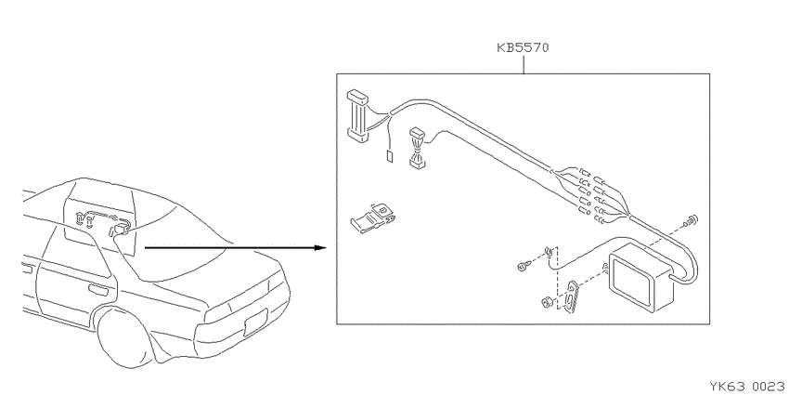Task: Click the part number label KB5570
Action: pos(523,47)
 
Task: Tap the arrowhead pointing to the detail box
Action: pos(320,247)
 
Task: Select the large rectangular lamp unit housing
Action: pos(641,284)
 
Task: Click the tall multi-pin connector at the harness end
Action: pos(357,114)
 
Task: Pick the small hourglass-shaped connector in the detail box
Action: pos(417,147)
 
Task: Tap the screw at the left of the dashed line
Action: pos(524,266)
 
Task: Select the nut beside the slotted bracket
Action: pos(545,303)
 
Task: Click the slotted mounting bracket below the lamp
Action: pos(571,297)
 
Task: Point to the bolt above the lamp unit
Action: pos(691,220)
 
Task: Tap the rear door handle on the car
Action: pos(97,289)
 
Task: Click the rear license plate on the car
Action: pos(257,322)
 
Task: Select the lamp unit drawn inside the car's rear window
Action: pos(122,230)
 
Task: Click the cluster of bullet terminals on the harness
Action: pos(592,194)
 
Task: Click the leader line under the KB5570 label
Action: pos(524,64)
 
